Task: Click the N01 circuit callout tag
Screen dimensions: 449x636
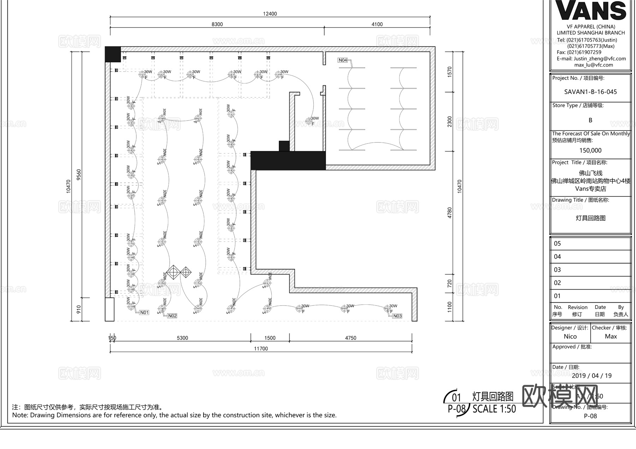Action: pyautogui.click(x=144, y=313)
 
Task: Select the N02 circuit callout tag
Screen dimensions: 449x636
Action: pyautogui.click(x=172, y=316)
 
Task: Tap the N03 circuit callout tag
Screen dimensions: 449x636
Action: pyautogui.click(x=397, y=316)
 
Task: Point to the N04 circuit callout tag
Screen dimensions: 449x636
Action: pyautogui.click(x=343, y=60)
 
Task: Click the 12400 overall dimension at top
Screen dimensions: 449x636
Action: pyautogui.click(x=270, y=14)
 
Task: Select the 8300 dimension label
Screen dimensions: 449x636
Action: pyautogui.click(x=217, y=24)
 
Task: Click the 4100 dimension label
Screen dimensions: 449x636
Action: pyautogui.click(x=377, y=24)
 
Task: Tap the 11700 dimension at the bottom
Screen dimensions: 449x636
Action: pyautogui.click(x=261, y=348)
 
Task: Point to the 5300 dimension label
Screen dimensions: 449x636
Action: pyautogui.click(x=182, y=338)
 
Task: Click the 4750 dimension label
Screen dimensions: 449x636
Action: pyautogui.click(x=351, y=338)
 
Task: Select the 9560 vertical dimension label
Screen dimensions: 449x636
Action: pyautogui.click(x=79, y=175)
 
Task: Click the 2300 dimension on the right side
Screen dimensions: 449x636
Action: pyautogui.click(x=450, y=122)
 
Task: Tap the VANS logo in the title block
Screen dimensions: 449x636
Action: pyautogui.click(x=591, y=11)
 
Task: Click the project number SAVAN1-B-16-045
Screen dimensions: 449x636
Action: pyautogui.click(x=590, y=92)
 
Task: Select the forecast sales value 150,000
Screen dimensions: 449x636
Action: pyautogui.click(x=590, y=151)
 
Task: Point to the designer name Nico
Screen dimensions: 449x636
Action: pyautogui.click(x=570, y=336)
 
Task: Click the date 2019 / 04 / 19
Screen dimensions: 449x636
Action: pyautogui.click(x=591, y=376)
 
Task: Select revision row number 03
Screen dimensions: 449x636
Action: pyautogui.click(x=558, y=270)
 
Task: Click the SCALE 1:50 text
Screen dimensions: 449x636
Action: pyautogui.click(x=494, y=409)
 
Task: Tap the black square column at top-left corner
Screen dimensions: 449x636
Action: pyautogui.click(x=113, y=54)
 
